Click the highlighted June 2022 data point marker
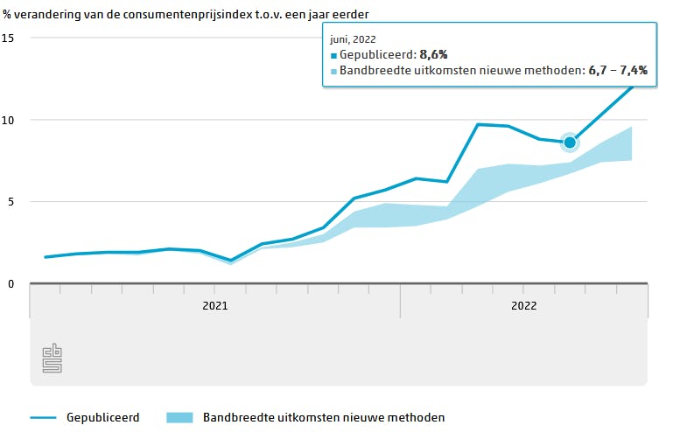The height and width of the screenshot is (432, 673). click(570, 142)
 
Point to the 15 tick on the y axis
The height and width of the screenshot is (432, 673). click(8, 38)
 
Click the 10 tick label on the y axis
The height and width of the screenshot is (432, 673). click(8, 120)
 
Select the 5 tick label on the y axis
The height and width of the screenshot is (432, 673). click(11, 202)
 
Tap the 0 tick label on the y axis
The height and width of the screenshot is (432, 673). click(11, 283)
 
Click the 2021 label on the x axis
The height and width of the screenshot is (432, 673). click(215, 305)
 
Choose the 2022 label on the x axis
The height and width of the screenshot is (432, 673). click(523, 305)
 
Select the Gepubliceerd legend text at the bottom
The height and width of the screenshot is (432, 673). click(102, 418)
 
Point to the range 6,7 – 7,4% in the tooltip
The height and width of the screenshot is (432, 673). click(617, 70)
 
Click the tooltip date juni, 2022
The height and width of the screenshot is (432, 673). click(352, 38)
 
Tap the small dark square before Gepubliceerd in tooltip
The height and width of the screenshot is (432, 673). click(333, 55)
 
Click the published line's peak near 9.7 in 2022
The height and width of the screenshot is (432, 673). click(478, 124)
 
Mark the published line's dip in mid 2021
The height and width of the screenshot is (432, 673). click(230, 261)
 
